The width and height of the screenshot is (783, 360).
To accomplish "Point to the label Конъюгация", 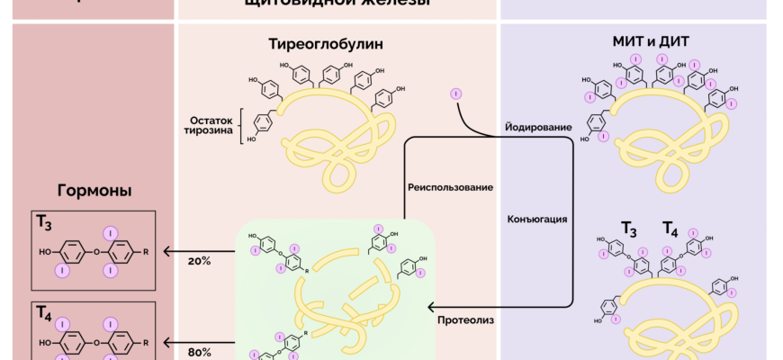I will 536,219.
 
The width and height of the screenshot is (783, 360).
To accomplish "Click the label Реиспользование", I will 450,187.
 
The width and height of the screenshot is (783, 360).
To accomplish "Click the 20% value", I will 199,261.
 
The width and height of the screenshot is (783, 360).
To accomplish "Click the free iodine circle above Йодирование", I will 456,94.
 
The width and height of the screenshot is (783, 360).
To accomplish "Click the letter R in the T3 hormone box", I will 146,252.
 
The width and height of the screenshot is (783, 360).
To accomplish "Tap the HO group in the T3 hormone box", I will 46,253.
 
